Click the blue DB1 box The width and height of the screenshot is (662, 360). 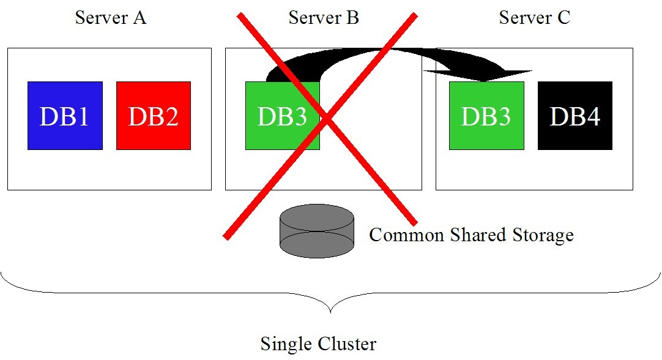[65, 116]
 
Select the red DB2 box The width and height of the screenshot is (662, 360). [154, 116]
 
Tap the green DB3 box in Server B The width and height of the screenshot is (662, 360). [282, 116]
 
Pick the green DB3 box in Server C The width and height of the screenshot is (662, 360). [486, 116]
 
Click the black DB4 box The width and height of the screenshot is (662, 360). [575, 116]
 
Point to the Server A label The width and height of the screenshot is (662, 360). [111, 18]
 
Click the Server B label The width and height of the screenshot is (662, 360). [324, 18]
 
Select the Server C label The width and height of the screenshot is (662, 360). [534, 18]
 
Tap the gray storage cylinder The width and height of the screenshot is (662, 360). [317, 232]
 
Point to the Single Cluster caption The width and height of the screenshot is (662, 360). [318, 343]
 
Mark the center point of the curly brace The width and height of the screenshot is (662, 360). [331, 310]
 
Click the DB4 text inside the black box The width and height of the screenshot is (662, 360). [575, 116]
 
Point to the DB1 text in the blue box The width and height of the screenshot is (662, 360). [65, 116]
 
